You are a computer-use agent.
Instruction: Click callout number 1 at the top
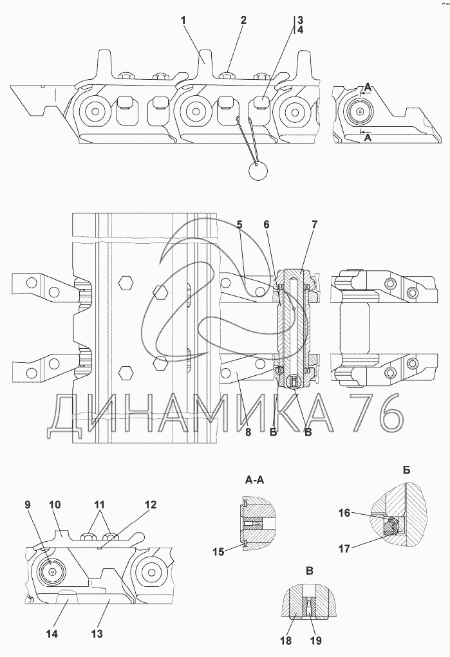tap(183, 21)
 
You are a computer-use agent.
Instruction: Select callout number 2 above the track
tap(243, 21)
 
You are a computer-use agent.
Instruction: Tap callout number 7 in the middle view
tap(314, 225)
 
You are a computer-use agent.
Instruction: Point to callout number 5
tap(239, 225)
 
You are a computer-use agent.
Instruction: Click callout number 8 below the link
tap(247, 432)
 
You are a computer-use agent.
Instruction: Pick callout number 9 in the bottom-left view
tap(28, 504)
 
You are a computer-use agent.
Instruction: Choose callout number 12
tap(150, 504)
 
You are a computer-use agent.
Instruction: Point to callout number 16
tap(344, 513)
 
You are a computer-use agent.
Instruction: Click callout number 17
tap(344, 548)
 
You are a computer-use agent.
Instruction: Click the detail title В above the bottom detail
tap(310, 571)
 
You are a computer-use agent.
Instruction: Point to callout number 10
tap(55, 504)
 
